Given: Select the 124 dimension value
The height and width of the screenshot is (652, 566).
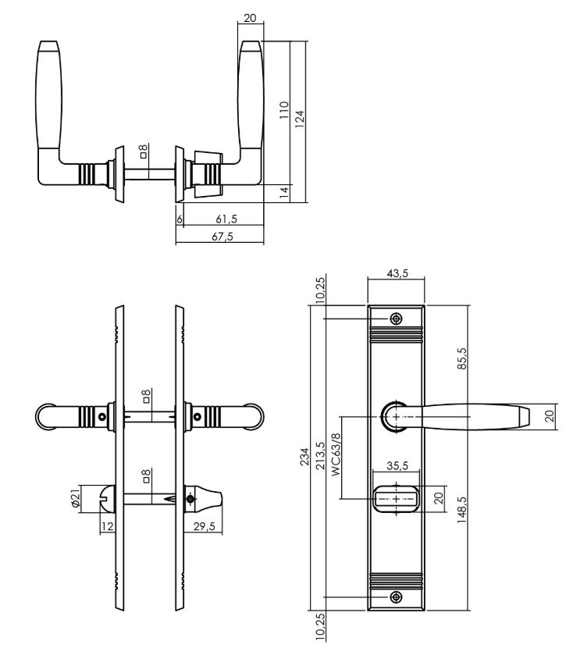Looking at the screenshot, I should [x=300, y=116].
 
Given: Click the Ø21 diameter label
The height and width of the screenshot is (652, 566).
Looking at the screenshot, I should [x=76, y=497].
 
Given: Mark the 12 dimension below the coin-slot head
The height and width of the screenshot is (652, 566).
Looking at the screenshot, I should [x=108, y=526].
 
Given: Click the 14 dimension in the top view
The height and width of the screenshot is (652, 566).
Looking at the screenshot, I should [x=284, y=190].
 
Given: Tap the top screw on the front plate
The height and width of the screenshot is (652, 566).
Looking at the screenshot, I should [x=396, y=319].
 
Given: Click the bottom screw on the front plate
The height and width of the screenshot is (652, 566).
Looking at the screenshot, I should [x=396, y=597].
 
